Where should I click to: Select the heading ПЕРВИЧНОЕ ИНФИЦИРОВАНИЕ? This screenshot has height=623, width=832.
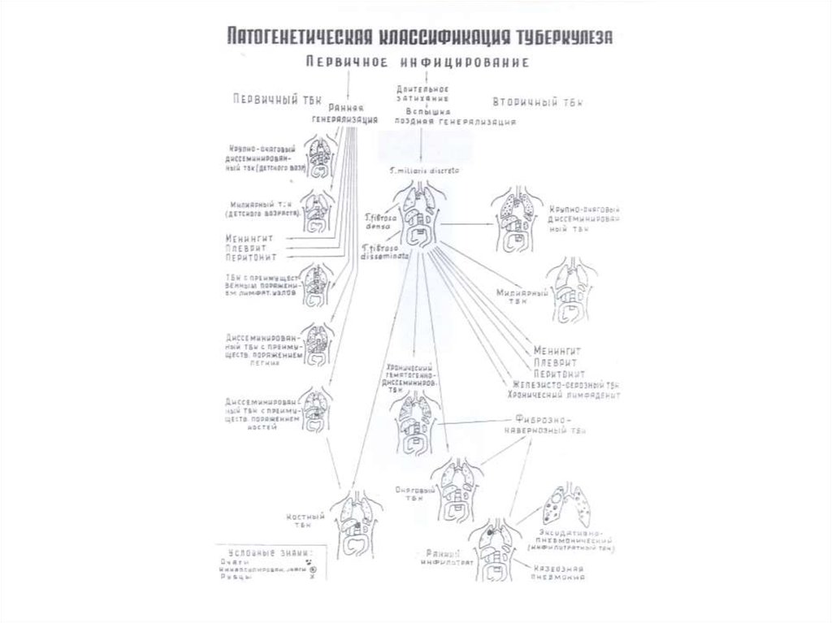coord(418,62)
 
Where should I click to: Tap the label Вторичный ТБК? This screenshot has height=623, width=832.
coord(537,102)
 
